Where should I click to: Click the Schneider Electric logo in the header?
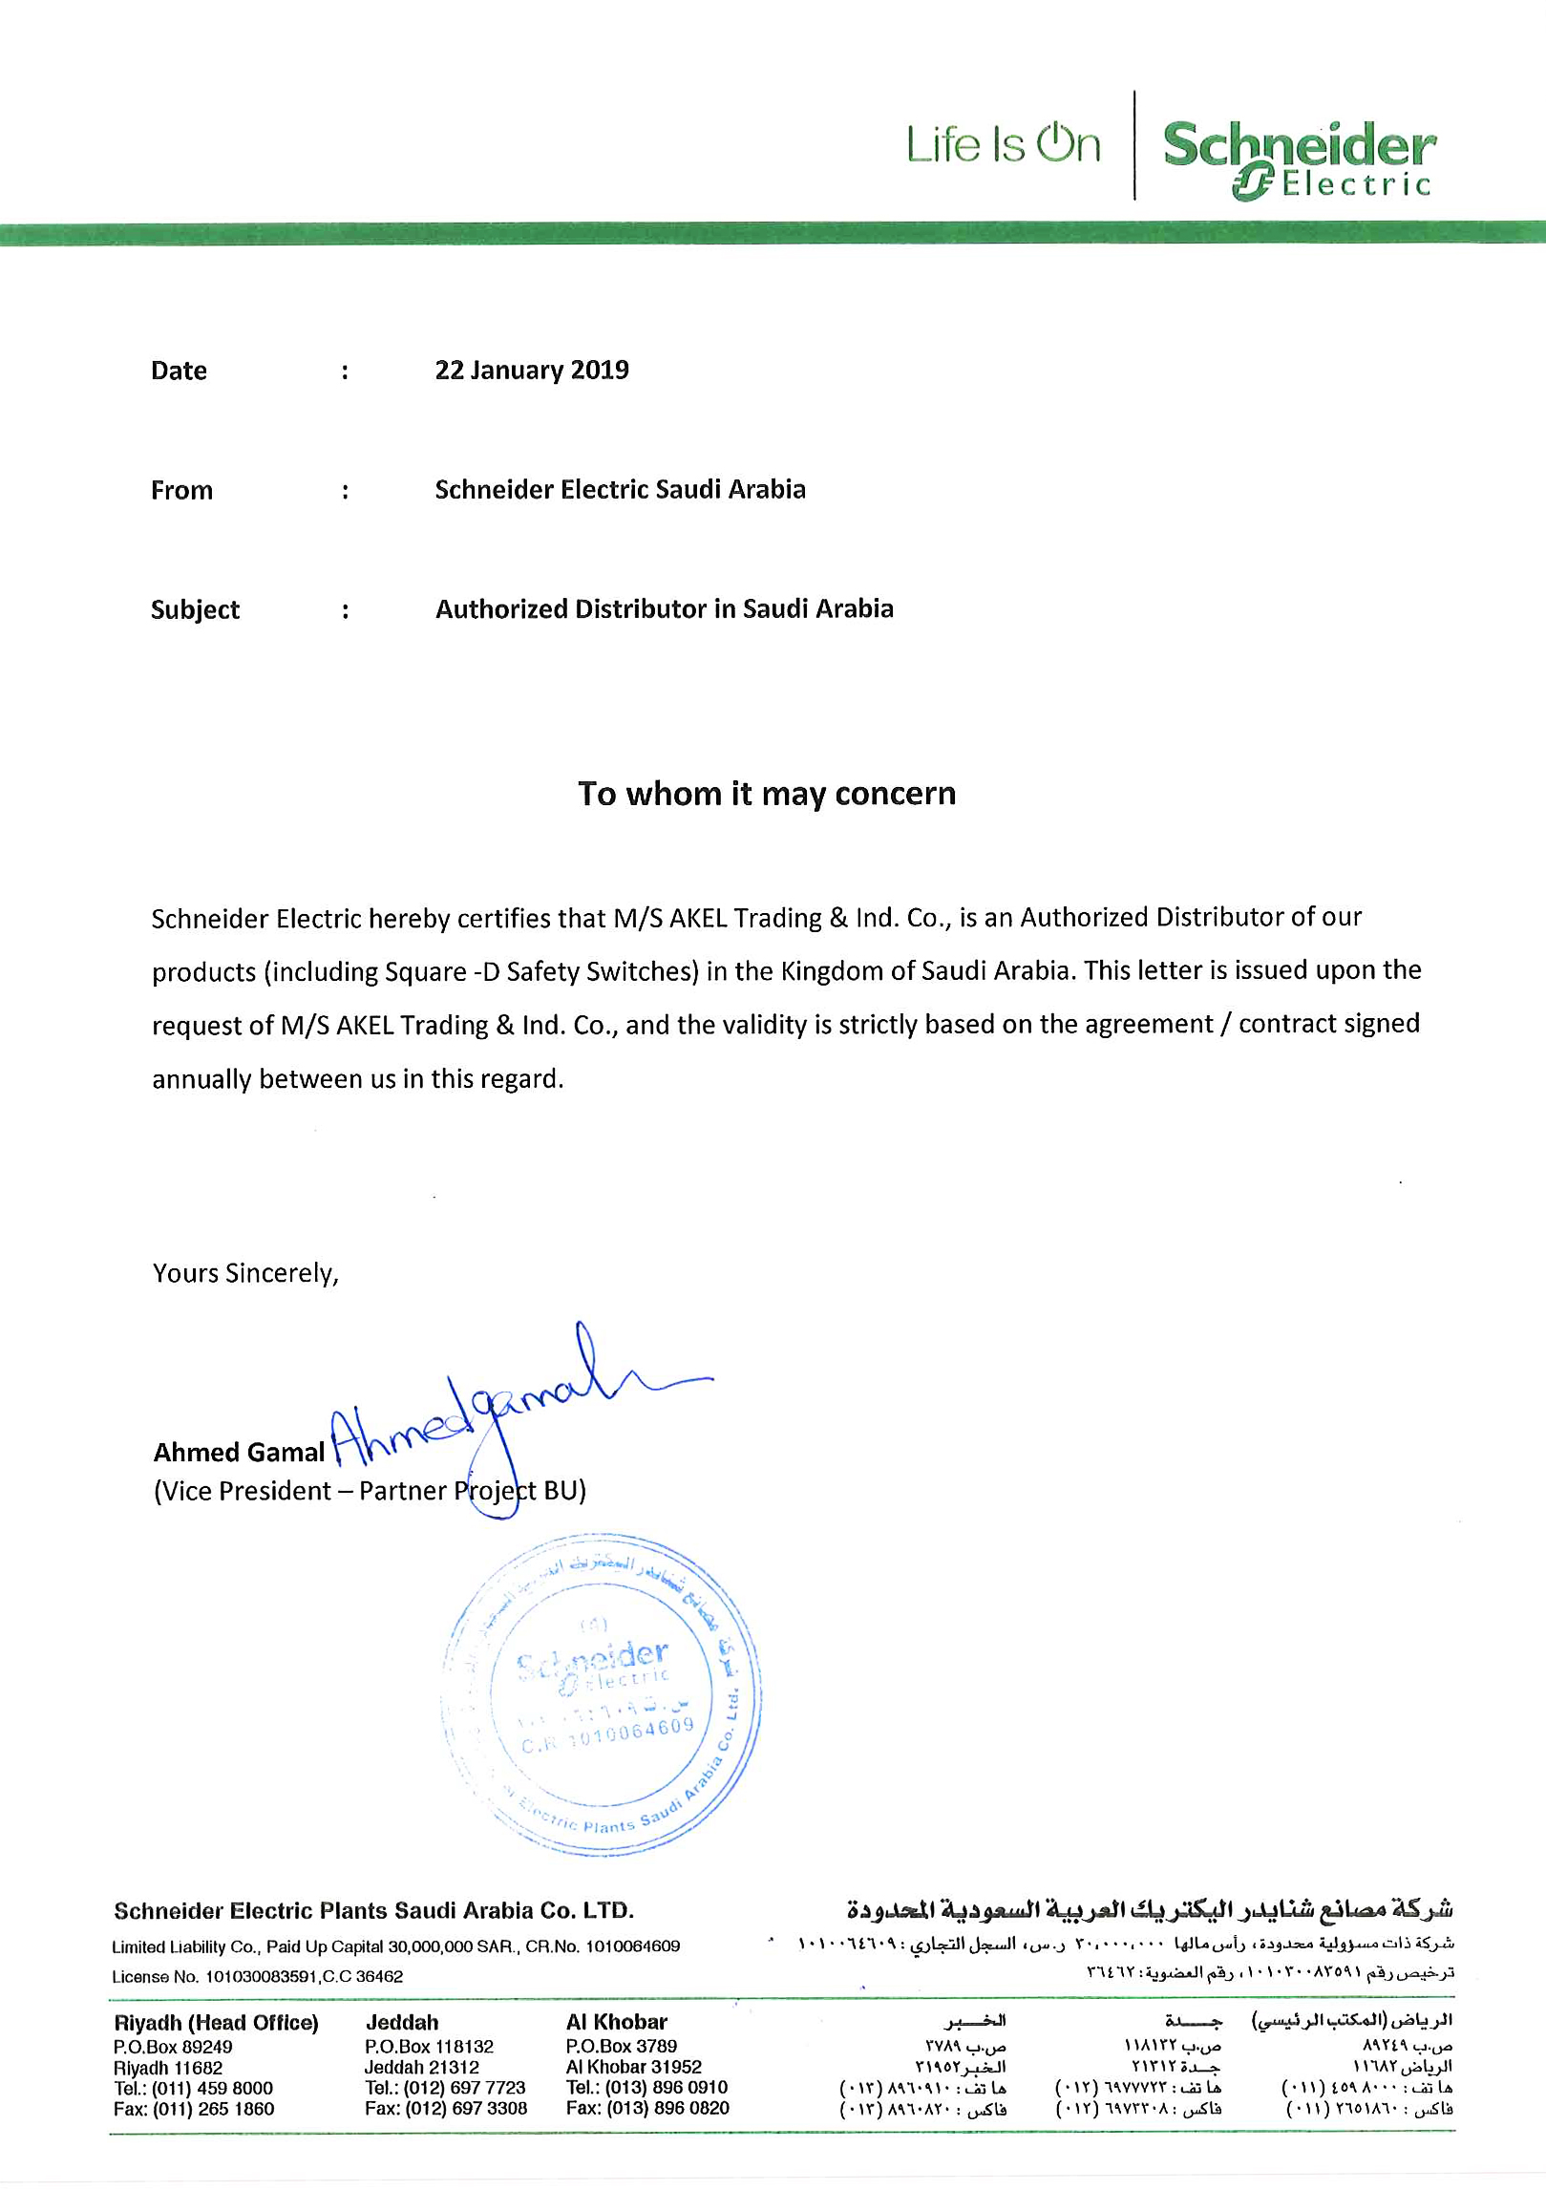click(1299, 158)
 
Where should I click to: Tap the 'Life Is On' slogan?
click(1003, 145)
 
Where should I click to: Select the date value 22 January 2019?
click(532, 371)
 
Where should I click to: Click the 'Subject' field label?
click(195, 610)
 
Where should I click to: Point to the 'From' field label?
click(181, 491)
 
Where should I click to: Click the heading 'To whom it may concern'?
click(767, 794)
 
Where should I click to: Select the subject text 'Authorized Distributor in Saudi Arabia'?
click(665, 609)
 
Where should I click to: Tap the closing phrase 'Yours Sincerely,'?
click(245, 1274)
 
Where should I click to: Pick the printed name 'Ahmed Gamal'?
click(239, 1453)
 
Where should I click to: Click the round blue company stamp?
click(602, 1695)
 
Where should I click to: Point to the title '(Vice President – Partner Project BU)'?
click(370, 1492)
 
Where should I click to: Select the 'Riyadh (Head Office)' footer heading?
click(216, 2023)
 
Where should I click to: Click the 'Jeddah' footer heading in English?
click(402, 2023)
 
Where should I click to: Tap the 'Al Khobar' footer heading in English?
click(617, 2022)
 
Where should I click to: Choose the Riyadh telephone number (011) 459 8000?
click(212, 2089)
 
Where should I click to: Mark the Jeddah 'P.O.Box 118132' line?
click(429, 2047)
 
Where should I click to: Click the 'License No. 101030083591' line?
click(257, 1977)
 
